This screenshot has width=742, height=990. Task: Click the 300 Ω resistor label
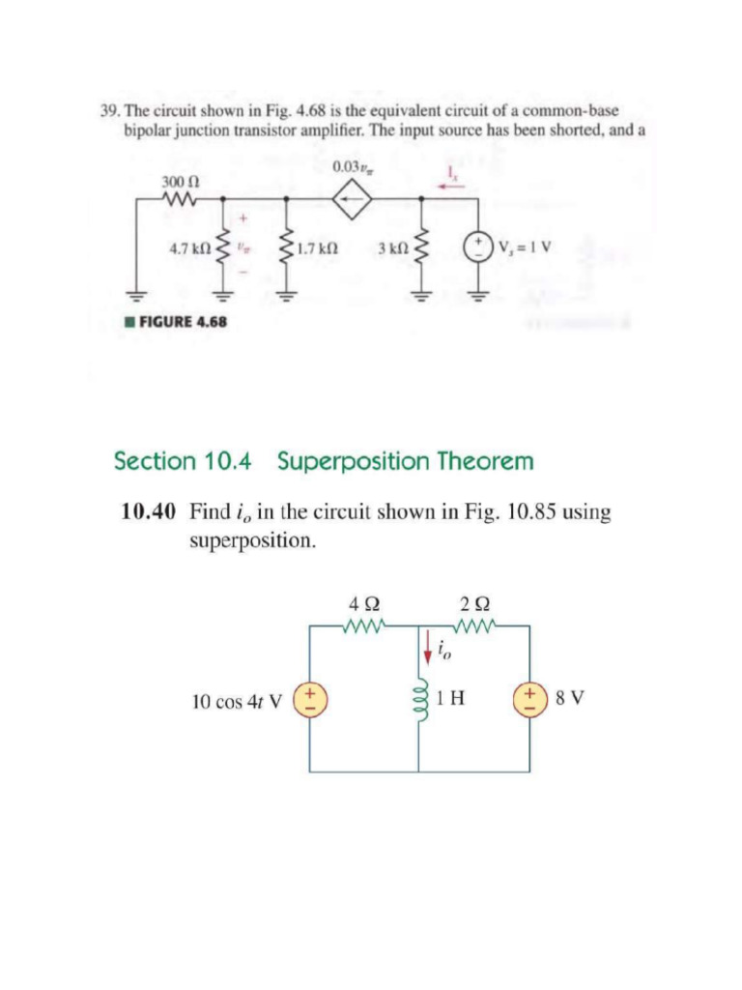click(174, 181)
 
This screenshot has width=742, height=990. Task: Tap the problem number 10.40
click(148, 511)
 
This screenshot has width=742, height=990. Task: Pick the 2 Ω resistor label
click(473, 606)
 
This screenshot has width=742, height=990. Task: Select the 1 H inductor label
click(449, 698)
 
